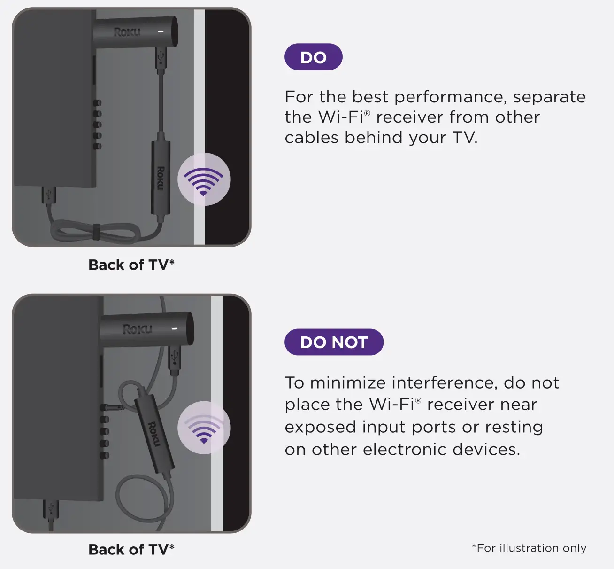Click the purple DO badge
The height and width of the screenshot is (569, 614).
pyautogui.click(x=313, y=57)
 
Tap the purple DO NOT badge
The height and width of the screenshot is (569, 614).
pyautogui.click(x=334, y=342)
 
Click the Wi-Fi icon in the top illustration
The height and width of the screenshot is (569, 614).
pyautogui.click(x=204, y=179)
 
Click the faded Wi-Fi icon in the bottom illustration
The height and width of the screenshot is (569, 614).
pyautogui.click(x=204, y=428)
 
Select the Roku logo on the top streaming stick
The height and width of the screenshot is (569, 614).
pyautogui.click(x=127, y=32)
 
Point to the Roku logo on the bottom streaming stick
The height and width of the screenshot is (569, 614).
pyautogui.click(x=137, y=329)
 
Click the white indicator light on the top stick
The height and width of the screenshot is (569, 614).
pyautogui.click(x=161, y=31)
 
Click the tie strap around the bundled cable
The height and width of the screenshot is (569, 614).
pyautogui.click(x=96, y=232)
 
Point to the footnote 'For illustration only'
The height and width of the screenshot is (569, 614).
pyautogui.click(x=529, y=548)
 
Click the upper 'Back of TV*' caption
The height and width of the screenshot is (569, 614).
pyautogui.click(x=131, y=265)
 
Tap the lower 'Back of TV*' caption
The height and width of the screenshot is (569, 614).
pyautogui.click(x=131, y=549)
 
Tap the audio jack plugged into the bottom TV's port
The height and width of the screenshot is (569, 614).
pyautogui.click(x=114, y=407)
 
